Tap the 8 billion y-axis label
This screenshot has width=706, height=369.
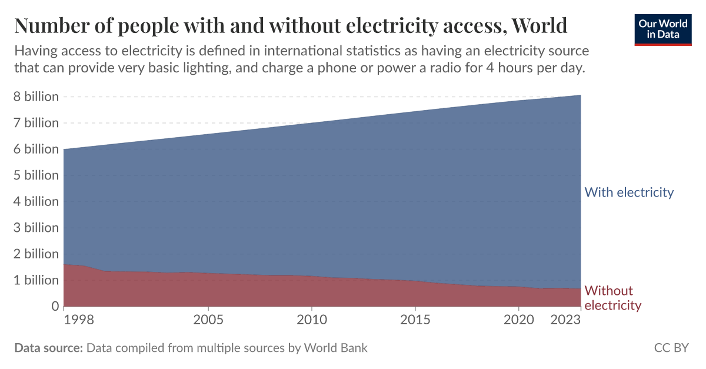tap(36, 97)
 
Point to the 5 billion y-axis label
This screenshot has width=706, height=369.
tap(36, 175)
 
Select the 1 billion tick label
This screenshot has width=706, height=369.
tap(36, 280)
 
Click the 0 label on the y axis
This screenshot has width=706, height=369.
tap(54, 306)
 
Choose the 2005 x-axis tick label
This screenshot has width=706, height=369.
tap(208, 320)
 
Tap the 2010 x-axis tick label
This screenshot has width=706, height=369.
tap(312, 320)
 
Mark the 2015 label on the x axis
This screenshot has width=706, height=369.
tap(415, 320)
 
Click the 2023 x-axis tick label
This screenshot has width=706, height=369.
tap(565, 320)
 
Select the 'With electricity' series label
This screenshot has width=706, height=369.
tap(629, 192)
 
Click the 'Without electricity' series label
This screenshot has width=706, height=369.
tap(612, 298)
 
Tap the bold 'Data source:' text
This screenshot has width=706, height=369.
tap(48, 348)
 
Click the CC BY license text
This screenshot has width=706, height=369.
tap(671, 348)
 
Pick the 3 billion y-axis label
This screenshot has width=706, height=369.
tap(36, 228)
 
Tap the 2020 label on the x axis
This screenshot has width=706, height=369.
tap(519, 320)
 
